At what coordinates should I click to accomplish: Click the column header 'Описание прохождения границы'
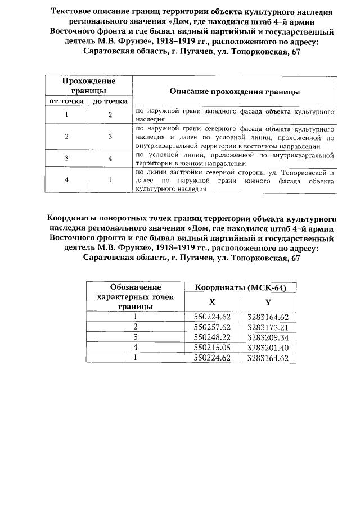point(235,91)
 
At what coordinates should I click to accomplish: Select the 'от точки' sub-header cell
point(67,101)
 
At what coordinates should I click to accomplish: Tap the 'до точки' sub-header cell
point(110,101)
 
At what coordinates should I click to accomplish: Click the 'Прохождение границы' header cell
point(88,86)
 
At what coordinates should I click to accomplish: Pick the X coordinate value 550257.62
point(213,327)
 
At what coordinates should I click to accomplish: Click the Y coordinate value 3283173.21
point(268,327)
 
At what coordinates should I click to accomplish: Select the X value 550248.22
point(213,337)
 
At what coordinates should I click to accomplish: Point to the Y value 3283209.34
point(268,337)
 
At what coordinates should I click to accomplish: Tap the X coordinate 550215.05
point(213,348)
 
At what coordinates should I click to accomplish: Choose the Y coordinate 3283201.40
point(268,348)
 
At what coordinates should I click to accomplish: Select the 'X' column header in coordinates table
point(212,302)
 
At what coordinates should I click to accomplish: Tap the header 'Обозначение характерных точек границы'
point(136,296)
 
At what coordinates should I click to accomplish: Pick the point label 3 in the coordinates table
point(136,337)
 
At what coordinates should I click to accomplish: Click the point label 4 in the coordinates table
point(136,348)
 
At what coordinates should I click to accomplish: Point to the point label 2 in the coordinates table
point(136,327)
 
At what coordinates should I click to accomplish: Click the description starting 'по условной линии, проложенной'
point(235,158)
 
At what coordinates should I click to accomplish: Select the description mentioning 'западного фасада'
point(235,115)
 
